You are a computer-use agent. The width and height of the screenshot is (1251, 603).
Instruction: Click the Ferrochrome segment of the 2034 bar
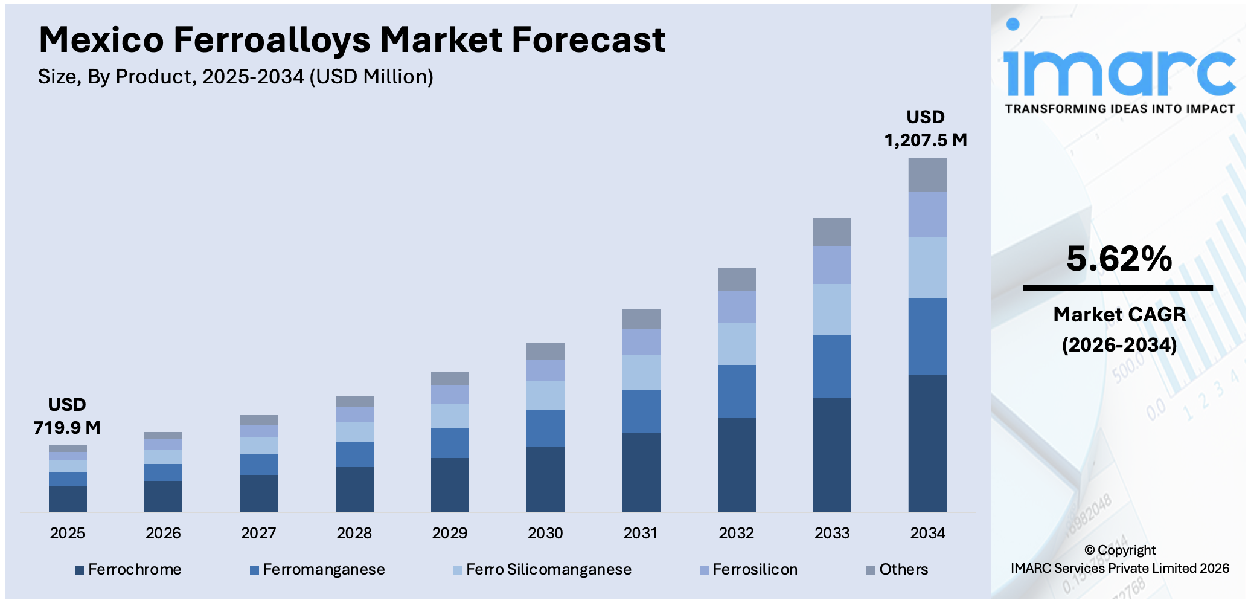(927, 443)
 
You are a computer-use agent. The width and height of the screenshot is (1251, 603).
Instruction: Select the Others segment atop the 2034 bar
(927, 175)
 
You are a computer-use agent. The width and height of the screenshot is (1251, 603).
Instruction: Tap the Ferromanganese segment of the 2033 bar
(832, 366)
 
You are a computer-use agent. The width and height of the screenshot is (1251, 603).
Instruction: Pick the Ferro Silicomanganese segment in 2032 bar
(737, 343)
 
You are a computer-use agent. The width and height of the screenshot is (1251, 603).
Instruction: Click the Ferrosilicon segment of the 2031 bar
(641, 341)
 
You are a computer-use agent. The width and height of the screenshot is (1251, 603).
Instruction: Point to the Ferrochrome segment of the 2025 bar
(68, 499)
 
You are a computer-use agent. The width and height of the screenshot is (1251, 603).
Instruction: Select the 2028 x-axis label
(354, 533)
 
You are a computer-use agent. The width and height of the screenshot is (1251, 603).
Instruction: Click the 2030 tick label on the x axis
(545, 533)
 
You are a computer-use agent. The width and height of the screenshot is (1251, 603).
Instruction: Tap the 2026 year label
(163, 533)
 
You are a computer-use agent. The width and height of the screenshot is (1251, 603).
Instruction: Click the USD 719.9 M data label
(67, 416)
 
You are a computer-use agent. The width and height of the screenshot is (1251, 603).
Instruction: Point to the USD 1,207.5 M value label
(926, 129)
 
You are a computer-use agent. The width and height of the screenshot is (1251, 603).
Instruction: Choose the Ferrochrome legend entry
(128, 570)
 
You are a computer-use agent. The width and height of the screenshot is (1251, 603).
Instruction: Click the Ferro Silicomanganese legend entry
(542, 570)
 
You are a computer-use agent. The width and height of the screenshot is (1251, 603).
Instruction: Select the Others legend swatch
(871, 570)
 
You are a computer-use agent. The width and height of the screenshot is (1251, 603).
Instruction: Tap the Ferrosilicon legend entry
(749, 570)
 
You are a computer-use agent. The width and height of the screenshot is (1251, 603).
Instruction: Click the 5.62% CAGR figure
(1119, 259)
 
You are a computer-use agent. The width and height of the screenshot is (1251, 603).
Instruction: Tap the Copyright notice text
(1120, 559)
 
